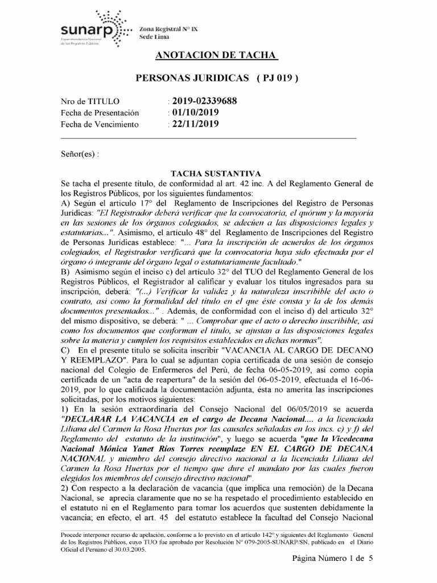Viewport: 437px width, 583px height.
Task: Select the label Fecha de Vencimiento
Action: click(100, 124)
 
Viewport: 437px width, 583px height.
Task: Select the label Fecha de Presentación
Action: click(100, 113)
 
